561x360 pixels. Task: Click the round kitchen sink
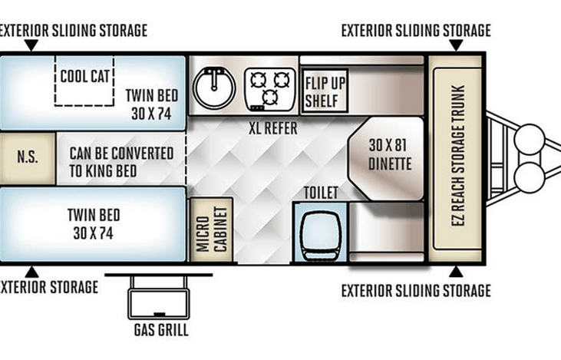point(214,88)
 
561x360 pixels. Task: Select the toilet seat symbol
point(320,236)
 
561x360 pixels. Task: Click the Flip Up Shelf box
point(325,91)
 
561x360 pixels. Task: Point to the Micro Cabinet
point(212,230)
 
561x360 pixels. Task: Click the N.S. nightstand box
point(28,159)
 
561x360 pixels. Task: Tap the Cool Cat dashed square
point(84,81)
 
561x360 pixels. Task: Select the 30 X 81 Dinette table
point(386,158)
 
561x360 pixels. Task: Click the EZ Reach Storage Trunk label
point(458,155)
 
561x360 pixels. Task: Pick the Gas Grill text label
point(161,330)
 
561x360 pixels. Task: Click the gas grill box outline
point(159,304)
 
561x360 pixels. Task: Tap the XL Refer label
point(273,128)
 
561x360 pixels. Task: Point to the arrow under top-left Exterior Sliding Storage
point(31,45)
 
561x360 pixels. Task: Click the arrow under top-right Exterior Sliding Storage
point(456,45)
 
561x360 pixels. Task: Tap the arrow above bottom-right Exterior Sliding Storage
point(455,272)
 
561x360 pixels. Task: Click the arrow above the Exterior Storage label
point(31,272)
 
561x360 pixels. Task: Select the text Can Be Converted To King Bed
point(121,162)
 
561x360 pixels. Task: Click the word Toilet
point(321,193)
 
